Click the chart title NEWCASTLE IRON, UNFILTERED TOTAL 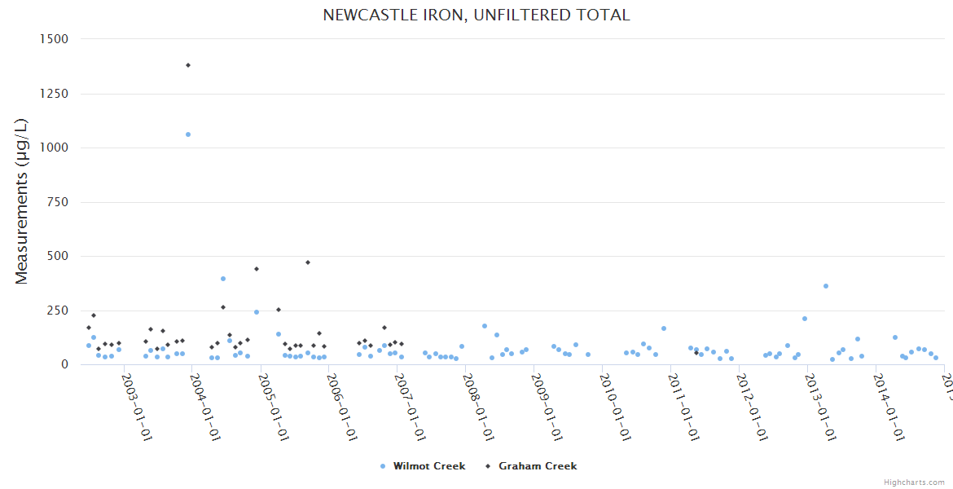(476, 15)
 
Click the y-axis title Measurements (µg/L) (22, 201)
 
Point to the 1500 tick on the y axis (54, 39)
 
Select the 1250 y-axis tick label (54, 94)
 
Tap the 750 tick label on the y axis (57, 202)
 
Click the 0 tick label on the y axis (64, 364)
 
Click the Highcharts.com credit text (915, 482)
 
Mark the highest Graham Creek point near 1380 (188, 65)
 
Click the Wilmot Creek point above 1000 (188, 134)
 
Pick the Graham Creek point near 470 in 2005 (308, 262)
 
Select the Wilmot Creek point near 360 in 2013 (826, 286)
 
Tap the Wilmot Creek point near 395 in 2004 (223, 279)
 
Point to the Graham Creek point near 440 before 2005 (257, 269)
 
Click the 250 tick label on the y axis (57, 311)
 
